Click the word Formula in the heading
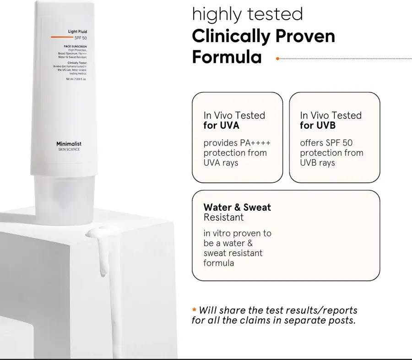[227, 58]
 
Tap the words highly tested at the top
[247, 14]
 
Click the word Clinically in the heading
[230, 36]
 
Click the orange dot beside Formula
[277, 59]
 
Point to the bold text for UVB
[318, 125]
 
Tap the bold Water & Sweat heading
[237, 207]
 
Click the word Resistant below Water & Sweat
[223, 218]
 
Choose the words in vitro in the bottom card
[218, 233]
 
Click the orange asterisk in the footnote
[194, 311]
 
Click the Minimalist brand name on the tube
[69, 144]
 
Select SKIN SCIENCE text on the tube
[69, 149]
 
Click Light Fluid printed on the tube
[77, 32]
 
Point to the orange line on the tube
[62, 36]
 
